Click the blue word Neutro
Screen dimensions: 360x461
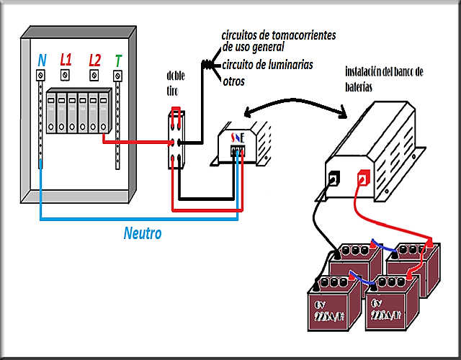(x=143, y=233)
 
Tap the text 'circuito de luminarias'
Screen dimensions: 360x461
(x=267, y=65)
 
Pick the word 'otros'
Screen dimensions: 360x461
(x=233, y=82)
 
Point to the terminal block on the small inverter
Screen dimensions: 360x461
(x=237, y=151)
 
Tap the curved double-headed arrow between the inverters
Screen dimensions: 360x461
(x=295, y=104)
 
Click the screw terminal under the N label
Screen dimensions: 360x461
(x=41, y=75)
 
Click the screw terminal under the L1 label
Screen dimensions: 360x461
(x=66, y=75)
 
